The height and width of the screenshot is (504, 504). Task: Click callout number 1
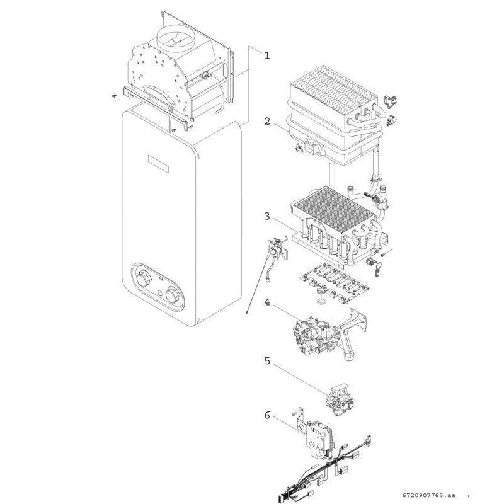(266, 55)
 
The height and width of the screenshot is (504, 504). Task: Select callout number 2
(266, 120)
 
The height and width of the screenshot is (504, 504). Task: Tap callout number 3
(266, 217)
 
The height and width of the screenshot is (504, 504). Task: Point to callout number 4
(266, 302)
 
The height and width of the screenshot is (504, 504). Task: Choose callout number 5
(266, 362)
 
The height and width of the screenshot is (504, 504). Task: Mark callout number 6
(266, 415)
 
